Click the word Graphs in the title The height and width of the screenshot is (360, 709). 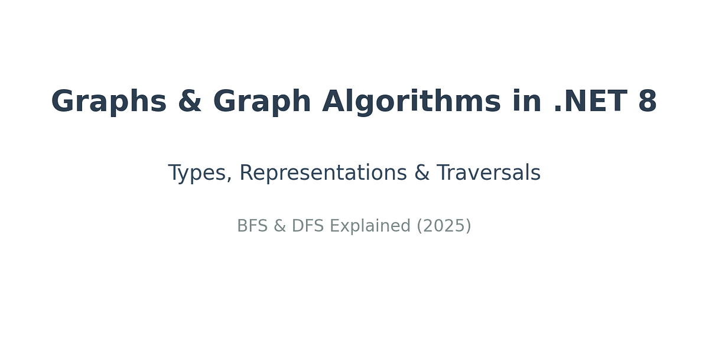(x=109, y=102)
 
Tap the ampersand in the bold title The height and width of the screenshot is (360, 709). (x=190, y=102)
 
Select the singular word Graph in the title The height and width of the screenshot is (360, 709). (x=261, y=102)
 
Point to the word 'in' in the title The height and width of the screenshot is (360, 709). (x=526, y=102)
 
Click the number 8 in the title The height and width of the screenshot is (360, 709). (x=648, y=102)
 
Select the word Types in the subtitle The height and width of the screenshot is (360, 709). (x=197, y=174)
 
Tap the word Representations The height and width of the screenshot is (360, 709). (x=323, y=174)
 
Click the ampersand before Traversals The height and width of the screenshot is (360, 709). (x=421, y=174)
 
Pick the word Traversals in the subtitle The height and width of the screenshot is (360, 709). (x=489, y=174)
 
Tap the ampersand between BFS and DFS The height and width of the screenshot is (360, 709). (x=279, y=226)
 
